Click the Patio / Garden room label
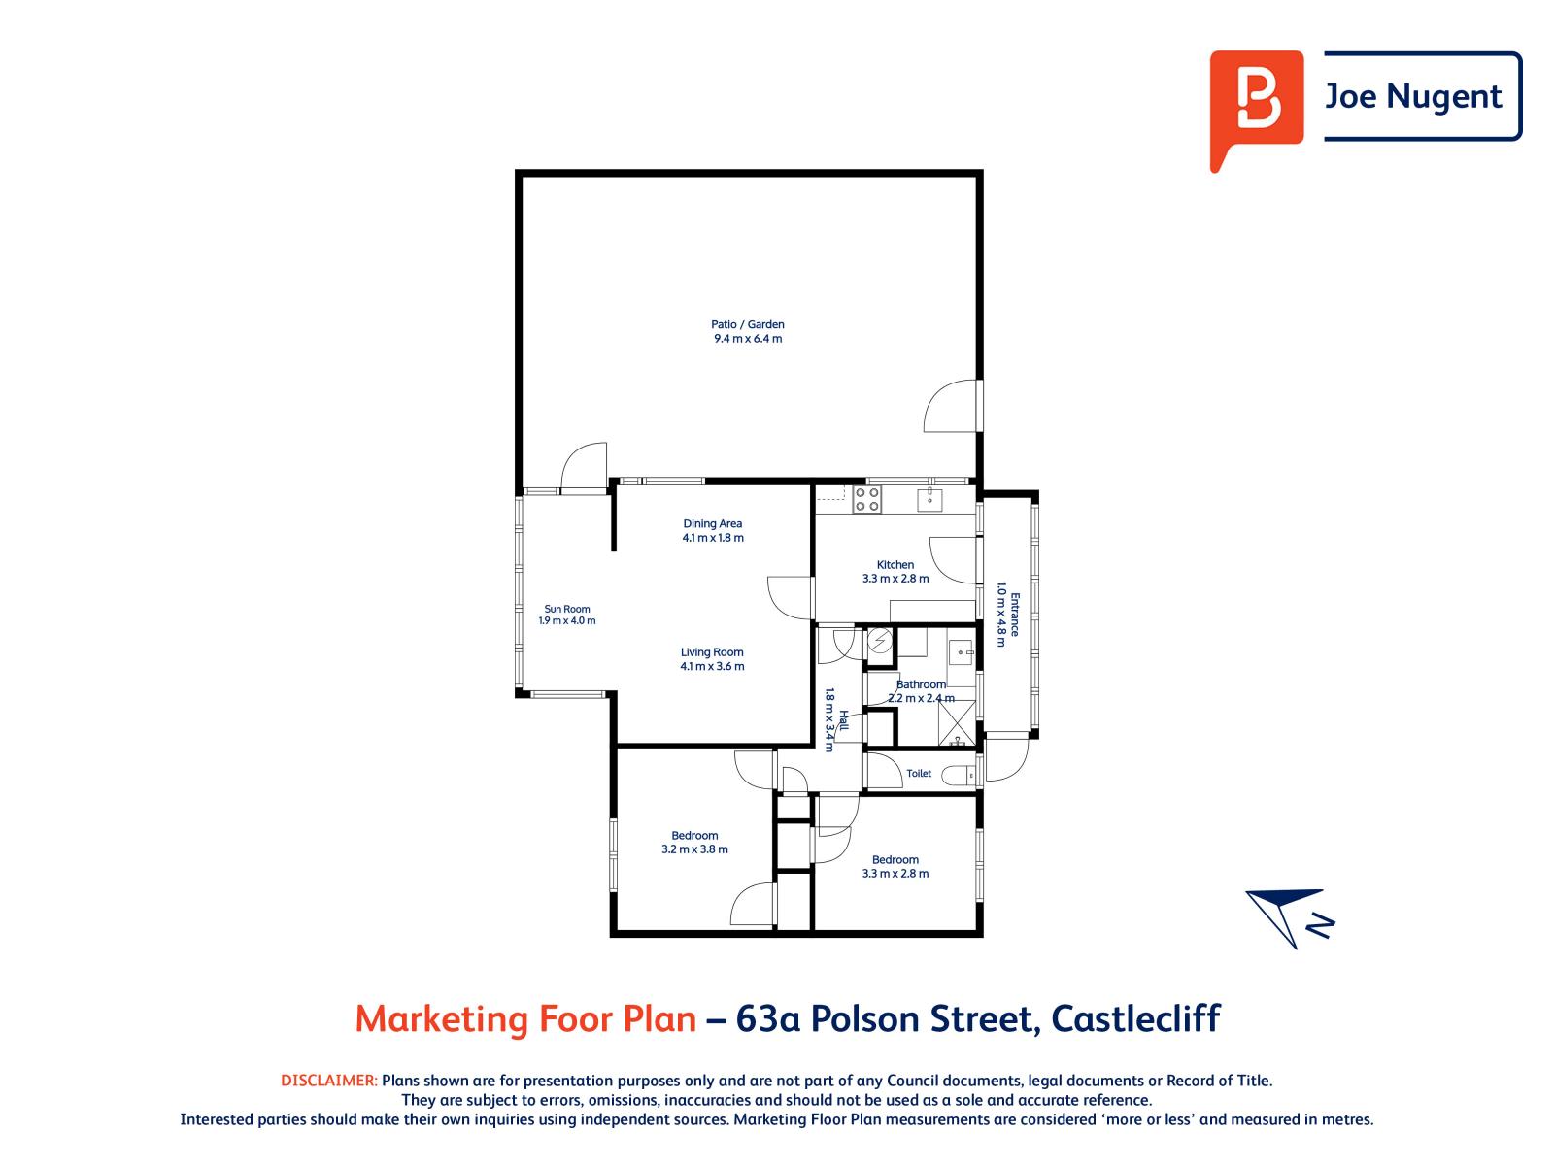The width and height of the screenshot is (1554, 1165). [747, 324]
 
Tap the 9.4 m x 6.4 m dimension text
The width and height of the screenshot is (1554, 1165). [748, 338]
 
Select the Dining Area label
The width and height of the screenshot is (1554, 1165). [712, 523]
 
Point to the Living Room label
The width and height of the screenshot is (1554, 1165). [712, 652]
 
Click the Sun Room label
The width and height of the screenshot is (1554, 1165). [566, 609]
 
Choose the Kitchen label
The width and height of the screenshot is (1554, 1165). [895, 564]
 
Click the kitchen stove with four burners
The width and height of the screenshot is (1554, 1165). [866, 499]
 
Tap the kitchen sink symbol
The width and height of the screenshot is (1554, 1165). [929, 499]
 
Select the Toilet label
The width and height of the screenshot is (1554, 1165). [918, 773]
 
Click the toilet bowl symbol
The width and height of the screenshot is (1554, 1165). [958, 776]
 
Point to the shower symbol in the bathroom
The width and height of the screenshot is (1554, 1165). [958, 722]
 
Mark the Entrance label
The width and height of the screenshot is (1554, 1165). [1015, 614]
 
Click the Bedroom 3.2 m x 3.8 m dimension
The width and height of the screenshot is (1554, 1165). [693, 849]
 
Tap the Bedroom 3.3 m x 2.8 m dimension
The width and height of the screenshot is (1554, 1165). [895, 873]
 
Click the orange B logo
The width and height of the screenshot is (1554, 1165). [1256, 110]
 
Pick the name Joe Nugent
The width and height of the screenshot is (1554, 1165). [1412, 97]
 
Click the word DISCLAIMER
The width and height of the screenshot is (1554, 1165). [329, 1081]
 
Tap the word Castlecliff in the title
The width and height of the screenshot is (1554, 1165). [1135, 1018]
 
